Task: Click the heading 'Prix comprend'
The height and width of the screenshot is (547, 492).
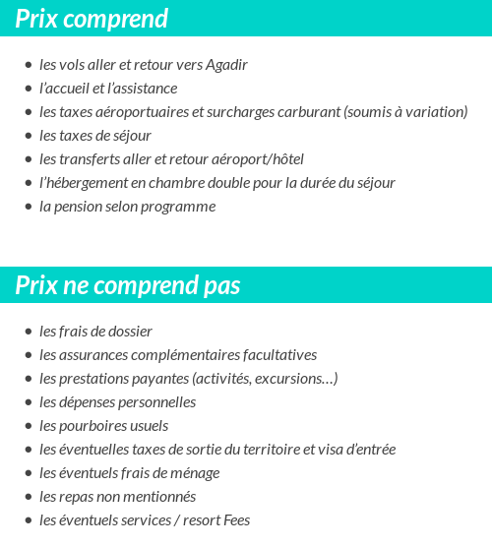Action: (x=92, y=19)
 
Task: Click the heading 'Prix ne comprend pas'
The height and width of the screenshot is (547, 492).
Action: (x=128, y=285)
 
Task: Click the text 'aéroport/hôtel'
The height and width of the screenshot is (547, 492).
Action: (x=259, y=159)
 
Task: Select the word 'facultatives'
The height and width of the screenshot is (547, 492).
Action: (x=277, y=355)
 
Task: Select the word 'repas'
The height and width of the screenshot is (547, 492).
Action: (x=78, y=497)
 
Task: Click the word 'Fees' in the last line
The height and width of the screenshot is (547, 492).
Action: (x=236, y=520)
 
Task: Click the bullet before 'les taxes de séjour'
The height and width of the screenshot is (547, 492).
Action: (x=29, y=136)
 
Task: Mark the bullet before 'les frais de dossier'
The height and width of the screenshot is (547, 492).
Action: (x=29, y=332)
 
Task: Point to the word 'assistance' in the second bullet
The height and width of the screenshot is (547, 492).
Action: (x=145, y=89)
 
